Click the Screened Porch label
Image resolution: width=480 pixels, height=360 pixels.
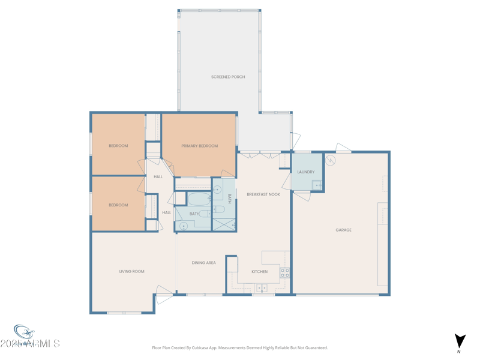228,77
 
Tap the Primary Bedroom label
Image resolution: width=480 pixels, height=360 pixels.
200,146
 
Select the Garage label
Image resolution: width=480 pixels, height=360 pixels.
343,230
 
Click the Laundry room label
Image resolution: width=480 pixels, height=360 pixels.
305,172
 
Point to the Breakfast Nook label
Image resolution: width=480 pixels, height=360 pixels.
263,194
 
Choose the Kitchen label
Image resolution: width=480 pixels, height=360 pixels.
259,272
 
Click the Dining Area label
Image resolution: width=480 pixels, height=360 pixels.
203,263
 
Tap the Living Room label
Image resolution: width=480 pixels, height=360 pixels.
131,271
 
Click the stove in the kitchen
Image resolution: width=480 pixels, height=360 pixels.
284,273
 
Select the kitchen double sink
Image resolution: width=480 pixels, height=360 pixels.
262,288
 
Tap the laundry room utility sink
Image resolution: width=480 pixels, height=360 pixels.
316,185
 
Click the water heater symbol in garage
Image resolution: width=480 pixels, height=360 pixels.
330,160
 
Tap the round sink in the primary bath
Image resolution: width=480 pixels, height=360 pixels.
218,190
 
